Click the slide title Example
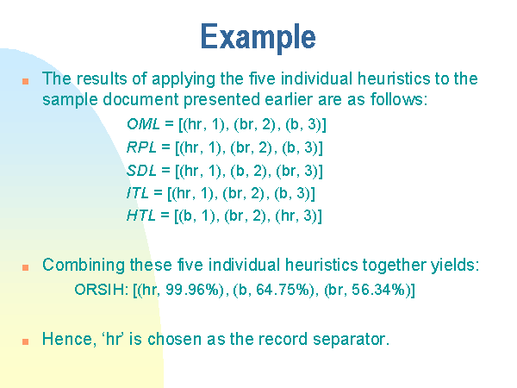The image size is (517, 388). click(258, 37)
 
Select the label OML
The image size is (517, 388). click(143, 124)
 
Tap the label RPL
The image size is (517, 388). click(142, 147)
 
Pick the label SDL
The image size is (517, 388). click(141, 170)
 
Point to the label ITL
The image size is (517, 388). click(138, 193)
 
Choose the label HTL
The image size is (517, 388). click(141, 216)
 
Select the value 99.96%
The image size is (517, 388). click(192, 290)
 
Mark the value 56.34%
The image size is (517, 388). click(378, 290)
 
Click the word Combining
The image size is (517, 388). click(84, 266)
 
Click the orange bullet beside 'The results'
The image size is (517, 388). click(25, 81)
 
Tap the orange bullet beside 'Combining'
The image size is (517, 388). click(25, 267)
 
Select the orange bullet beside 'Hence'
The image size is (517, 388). click(25, 341)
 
